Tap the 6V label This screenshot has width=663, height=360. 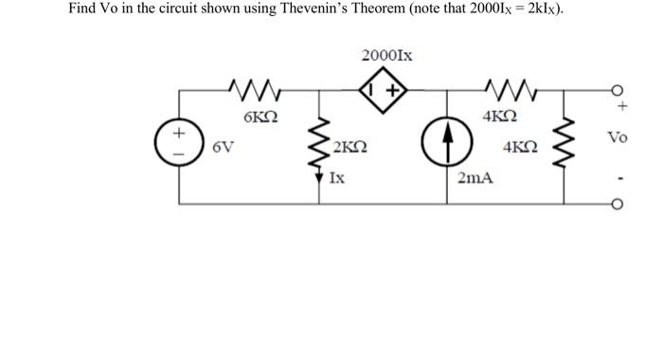pos(224,148)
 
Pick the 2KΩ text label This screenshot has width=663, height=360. pos(350,149)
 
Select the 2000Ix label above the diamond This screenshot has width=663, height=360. pos(385,56)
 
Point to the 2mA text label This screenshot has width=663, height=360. pos(475,177)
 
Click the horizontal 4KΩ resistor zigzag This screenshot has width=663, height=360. pos(498,92)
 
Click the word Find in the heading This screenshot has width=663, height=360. pos(81,9)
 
